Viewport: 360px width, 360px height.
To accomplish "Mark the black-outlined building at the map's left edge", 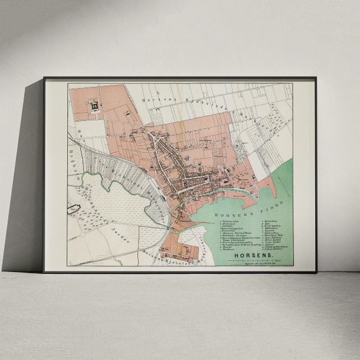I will (73, 208).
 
